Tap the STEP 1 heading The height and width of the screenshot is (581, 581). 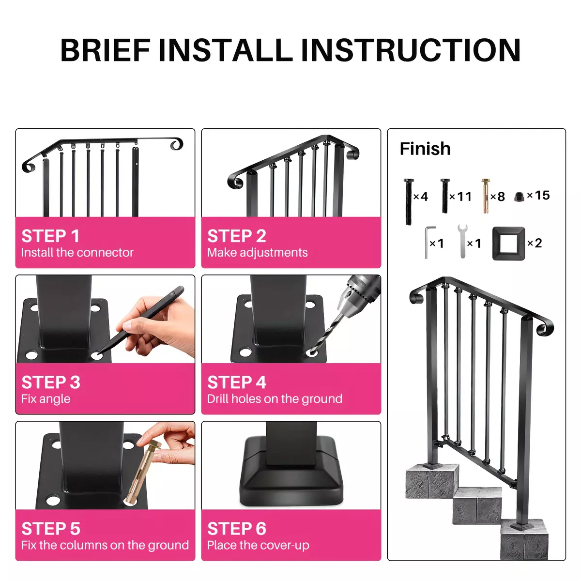[x=50, y=236]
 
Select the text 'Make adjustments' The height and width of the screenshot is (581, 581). [x=257, y=253]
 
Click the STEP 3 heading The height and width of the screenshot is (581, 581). [x=51, y=382]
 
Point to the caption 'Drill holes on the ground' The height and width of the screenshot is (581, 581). [x=275, y=399]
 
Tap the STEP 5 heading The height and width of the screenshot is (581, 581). [x=51, y=529]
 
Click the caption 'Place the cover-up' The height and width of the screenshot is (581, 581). [x=258, y=546]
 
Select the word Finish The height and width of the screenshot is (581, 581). [x=425, y=149]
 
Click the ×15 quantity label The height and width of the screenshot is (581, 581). [x=538, y=196]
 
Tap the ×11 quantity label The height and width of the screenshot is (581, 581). [x=460, y=197]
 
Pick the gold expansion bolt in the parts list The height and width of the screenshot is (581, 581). [x=486, y=196]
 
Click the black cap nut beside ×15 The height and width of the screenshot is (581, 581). [x=519, y=197]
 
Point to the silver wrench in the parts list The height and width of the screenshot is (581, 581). [x=462, y=241]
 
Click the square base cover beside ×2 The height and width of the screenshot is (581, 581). [x=509, y=244]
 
